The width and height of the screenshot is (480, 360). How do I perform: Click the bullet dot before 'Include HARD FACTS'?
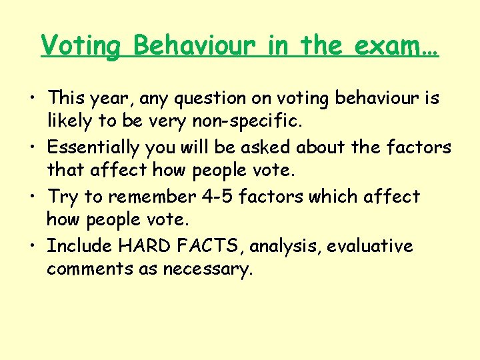click(33, 247)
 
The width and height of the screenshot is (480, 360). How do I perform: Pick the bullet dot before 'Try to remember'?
click(33, 197)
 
